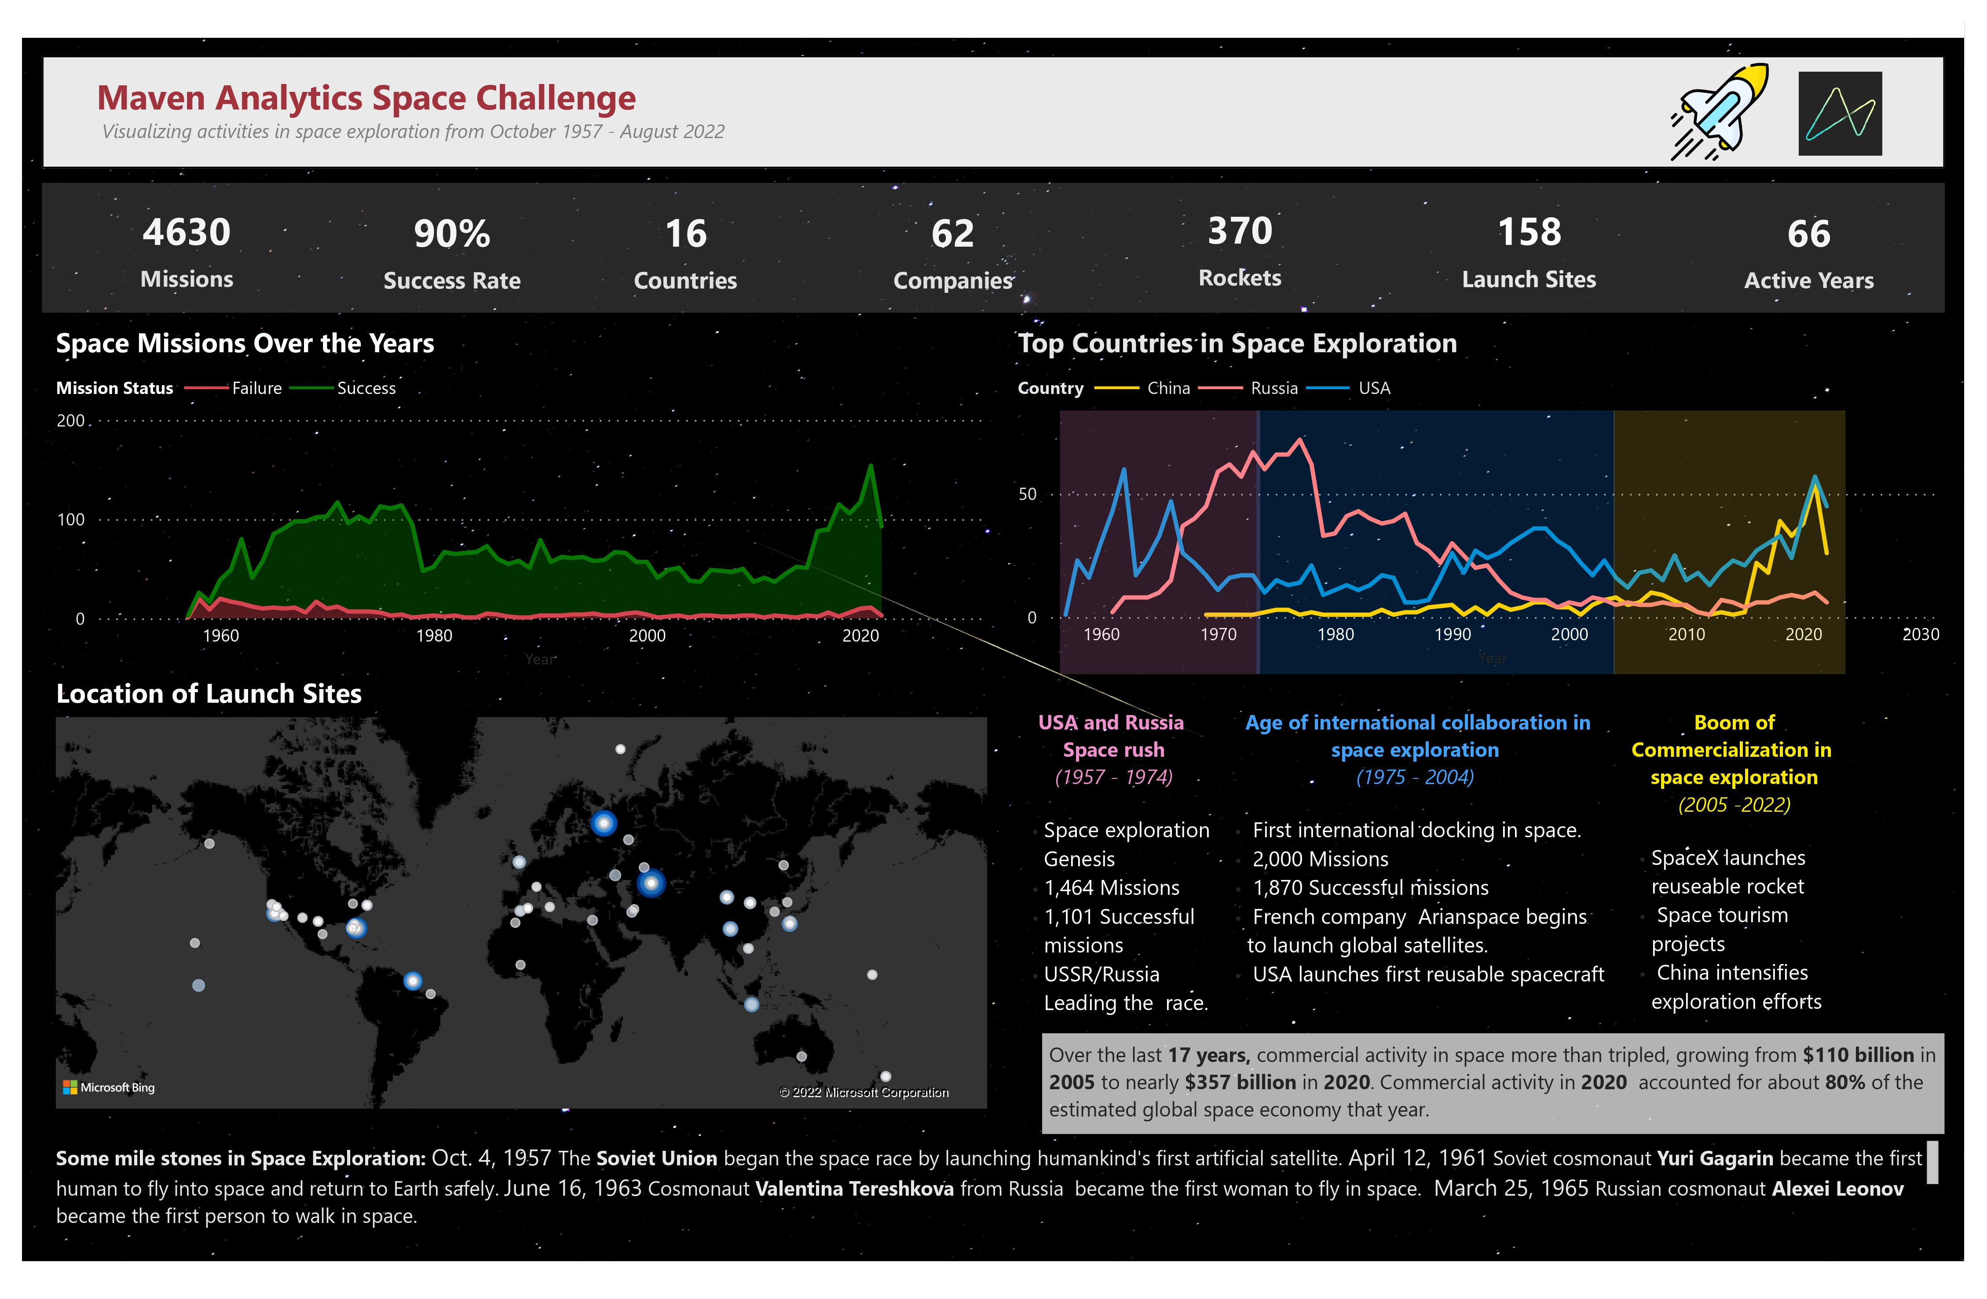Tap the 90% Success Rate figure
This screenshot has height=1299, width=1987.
click(452, 234)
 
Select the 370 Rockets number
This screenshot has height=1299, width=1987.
click(1240, 231)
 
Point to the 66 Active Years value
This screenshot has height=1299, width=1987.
click(1808, 234)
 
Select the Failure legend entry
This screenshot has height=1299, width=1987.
click(256, 388)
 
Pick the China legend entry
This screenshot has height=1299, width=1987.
click(1168, 388)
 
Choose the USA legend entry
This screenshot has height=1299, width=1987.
click(1373, 388)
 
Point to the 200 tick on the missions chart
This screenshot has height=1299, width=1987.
click(71, 421)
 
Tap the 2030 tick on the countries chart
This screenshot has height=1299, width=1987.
click(1920, 635)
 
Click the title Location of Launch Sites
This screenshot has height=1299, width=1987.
click(209, 694)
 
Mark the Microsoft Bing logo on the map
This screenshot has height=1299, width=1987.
click(110, 1087)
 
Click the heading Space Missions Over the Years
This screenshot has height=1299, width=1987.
click(245, 343)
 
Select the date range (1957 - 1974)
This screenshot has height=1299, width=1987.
click(1114, 777)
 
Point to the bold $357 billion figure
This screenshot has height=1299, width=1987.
click(1240, 1083)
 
